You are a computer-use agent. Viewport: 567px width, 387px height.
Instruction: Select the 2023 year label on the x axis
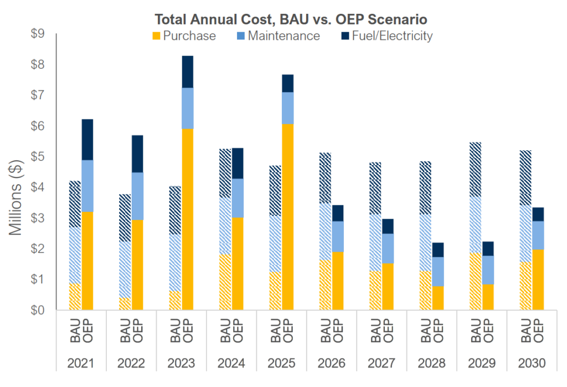pyautogui.click(x=181, y=363)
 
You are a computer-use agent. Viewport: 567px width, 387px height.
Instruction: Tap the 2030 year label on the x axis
pyautogui.click(x=532, y=363)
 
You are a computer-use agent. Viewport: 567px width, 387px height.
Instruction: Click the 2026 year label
pyautogui.click(x=332, y=363)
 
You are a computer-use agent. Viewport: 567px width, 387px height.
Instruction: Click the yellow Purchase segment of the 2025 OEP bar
pyautogui.click(x=287, y=216)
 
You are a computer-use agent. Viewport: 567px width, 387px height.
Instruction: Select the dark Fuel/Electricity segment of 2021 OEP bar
pyautogui.click(x=87, y=140)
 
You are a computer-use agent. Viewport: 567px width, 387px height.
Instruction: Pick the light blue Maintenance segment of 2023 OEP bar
pyautogui.click(x=187, y=108)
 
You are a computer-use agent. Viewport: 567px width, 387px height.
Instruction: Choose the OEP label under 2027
pyautogui.click(x=388, y=332)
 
